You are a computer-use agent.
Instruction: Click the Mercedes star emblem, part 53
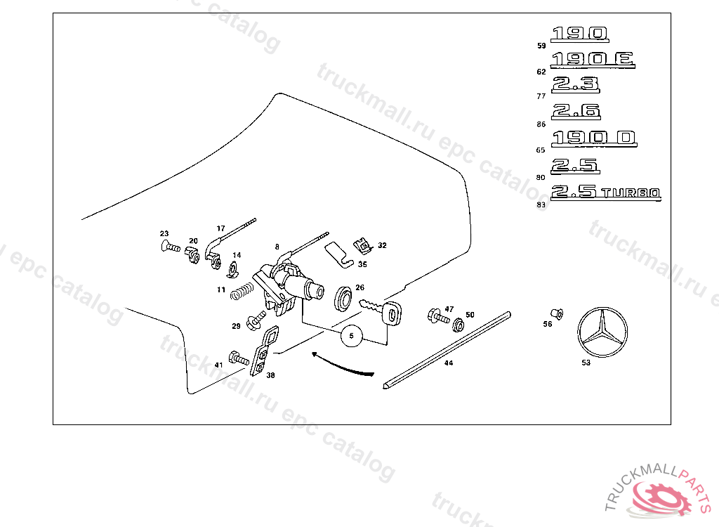click(x=602, y=332)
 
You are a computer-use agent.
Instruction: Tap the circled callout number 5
click(x=352, y=337)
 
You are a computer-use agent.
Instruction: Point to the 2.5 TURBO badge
click(x=605, y=192)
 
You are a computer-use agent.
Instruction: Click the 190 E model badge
click(x=593, y=60)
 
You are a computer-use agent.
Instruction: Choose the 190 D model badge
click(x=593, y=138)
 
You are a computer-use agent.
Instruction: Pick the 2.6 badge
click(x=576, y=111)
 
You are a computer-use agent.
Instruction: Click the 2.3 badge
click(x=576, y=85)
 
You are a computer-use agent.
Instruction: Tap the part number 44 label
click(x=448, y=364)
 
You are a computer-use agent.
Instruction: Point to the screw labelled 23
click(x=171, y=247)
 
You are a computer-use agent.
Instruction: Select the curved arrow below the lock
click(x=342, y=364)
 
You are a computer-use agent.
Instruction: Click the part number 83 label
click(x=541, y=205)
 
